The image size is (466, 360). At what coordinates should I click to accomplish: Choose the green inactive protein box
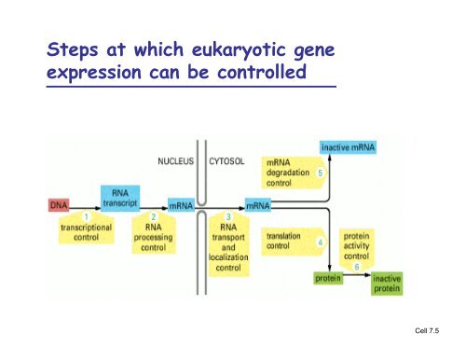pyautogui.click(x=386, y=283)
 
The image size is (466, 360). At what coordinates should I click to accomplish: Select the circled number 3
pyautogui.click(x=226, y=217)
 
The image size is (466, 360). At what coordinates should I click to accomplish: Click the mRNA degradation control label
pyautogui.click(x=287, y=173)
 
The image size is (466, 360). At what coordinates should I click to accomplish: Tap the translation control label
pyautogui.click(x=283, y=242)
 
